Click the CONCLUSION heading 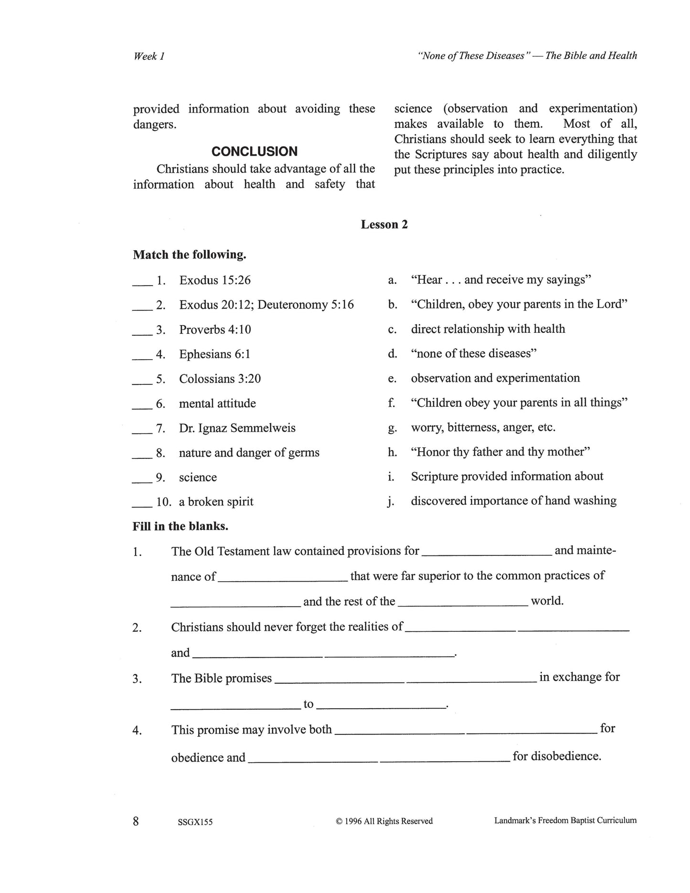coord(254,152)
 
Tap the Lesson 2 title coord(384,224)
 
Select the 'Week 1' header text coord(149,56)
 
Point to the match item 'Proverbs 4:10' coord(215,330)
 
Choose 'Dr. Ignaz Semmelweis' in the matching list coord(237,428)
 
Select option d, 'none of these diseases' coord(474,353)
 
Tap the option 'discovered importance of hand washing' coord(513,500)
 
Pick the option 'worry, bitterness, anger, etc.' coord(483,427)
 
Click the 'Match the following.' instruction coord(190,255)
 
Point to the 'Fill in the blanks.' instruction coord(180,526)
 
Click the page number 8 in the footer coord(136,821)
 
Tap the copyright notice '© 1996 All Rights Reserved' coord(384,821)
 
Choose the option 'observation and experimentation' coord(495,378)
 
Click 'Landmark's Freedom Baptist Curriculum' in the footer coord(565,820)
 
